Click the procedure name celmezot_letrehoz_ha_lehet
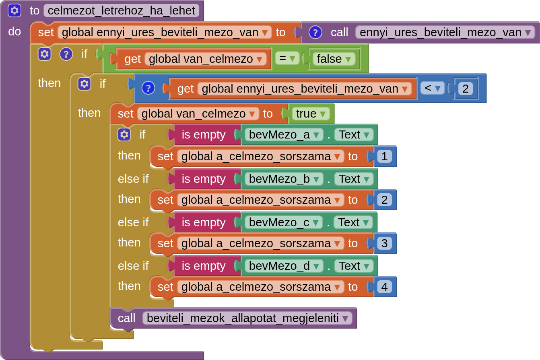(x=122, y=10)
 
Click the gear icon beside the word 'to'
(x=14, y=10)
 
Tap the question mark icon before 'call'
(x=315, y=32)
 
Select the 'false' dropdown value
(x=333, y=59)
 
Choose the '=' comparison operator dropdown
(x=287, y=59)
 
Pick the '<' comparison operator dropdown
(x=432, y=88)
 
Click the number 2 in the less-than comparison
(x=465, y=88)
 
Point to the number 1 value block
(x=384, y=156)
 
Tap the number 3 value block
(x=384, y=243)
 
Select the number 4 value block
(x=384, y=287)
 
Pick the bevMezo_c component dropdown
(x=283, y=222)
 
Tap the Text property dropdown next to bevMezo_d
(x=355, y=266)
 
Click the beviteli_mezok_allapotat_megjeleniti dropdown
(x=247, y=318)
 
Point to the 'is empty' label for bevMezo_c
(x=203, y=222)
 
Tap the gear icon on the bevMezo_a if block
(x=124, y=134)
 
